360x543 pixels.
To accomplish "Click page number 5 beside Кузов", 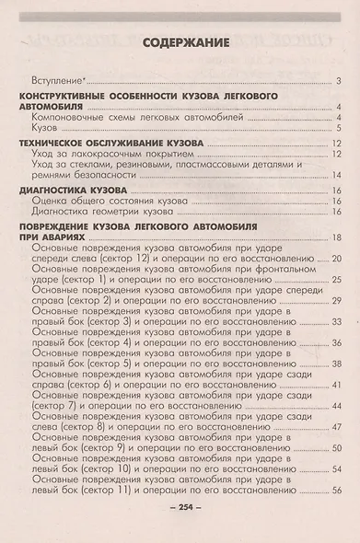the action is pos(339,129).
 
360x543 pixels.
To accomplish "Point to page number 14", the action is pos(337,175).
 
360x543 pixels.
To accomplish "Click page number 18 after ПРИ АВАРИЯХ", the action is pos(337,237).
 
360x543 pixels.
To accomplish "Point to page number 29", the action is pos(337,301).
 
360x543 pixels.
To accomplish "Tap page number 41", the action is pos(337,385).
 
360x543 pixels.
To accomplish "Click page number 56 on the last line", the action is pos(337,491).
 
